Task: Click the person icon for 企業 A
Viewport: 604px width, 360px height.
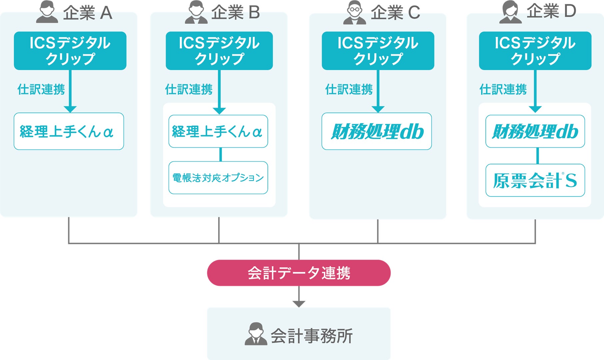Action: click(x=47, y=12)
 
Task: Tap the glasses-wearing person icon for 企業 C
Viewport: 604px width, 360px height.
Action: click(x=355, y=13)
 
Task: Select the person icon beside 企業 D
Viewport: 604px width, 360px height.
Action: click(x=510, y=12)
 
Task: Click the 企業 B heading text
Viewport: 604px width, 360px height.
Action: click(x=235, y=13)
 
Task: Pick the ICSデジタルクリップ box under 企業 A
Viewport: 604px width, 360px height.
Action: click(x=70, y=51)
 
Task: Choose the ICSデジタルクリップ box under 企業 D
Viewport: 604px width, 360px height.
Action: click(x=535, y=51)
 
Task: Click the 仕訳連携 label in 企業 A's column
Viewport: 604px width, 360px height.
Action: click(x=41, y=89)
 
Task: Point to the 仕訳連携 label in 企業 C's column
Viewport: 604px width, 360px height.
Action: click(x=349, y=89)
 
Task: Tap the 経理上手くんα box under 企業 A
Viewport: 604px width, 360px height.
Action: click(x=69, y=131)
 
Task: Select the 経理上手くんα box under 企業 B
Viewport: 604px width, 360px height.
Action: click(x=218, y=131)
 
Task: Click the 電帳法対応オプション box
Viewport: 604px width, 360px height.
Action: click(x=218, y=178)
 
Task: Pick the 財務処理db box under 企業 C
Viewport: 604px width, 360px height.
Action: click(x=376, y=131)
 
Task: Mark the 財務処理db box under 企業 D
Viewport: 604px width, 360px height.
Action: click(x=535, y=131)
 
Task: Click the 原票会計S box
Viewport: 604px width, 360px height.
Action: click(x=535, y=180)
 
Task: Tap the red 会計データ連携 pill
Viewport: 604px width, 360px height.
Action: click(x=299, y=273)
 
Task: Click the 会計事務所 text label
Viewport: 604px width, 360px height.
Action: click(x=311, y=336)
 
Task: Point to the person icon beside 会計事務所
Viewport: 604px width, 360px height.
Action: click(x=256, y=334)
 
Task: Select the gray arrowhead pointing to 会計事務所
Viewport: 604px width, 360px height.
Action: click(x=299, y=304)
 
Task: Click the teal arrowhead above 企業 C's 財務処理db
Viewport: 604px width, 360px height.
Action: click(x=378, y=109)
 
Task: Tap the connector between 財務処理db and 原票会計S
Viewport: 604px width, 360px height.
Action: click(x=537, y=156)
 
